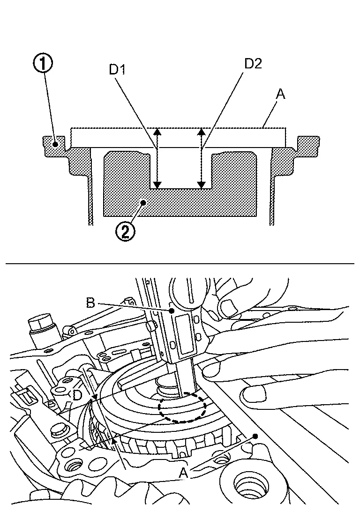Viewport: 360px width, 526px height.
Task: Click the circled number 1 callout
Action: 43,63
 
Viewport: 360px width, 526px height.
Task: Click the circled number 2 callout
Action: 125,231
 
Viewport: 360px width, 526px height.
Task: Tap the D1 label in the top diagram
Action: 118,69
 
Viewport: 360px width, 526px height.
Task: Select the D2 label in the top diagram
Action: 253,63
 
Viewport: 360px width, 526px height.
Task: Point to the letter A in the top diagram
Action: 280,94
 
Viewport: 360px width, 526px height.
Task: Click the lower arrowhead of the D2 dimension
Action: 202,185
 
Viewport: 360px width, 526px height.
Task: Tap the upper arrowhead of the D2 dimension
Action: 202,132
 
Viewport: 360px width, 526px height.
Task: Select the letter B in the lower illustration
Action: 90,303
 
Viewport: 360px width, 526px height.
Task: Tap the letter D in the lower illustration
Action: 77,396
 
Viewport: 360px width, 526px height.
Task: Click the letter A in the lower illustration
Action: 183,473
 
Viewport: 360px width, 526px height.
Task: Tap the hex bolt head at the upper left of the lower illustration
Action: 41,323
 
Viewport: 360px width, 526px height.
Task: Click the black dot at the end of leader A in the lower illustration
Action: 255,436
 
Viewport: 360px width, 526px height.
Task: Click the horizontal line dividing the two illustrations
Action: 180,264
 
